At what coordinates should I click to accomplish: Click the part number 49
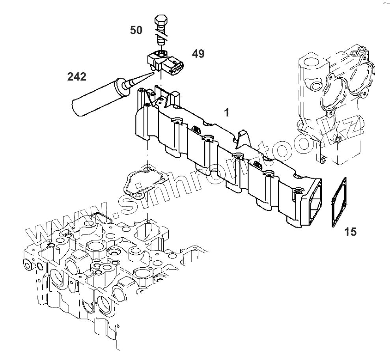pyautogui.click(x=198, y=54)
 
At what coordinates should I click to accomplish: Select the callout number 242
pyautogui.click(x=77, y=77)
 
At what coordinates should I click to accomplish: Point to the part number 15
pyautogui.click(x=350, y=232)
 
